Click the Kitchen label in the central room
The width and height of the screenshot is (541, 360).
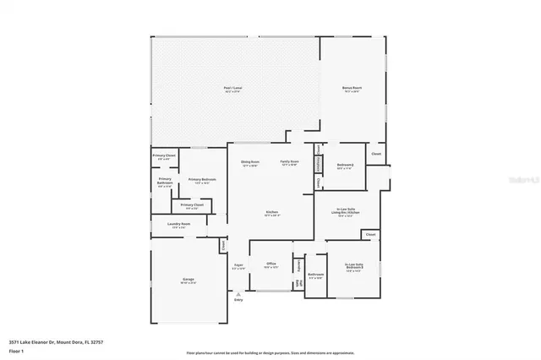(x=272, y=211)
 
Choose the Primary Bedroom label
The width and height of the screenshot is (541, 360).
(x=202, y=179)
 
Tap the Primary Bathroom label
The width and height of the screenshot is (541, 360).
(x=165, y=181)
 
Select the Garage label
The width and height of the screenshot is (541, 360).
(x=188, y=281)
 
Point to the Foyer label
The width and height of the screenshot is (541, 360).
(x=239, y=265)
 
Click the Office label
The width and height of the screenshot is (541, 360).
(x=271, y=265)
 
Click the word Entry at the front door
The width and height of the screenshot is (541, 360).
(x=238, y=299)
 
